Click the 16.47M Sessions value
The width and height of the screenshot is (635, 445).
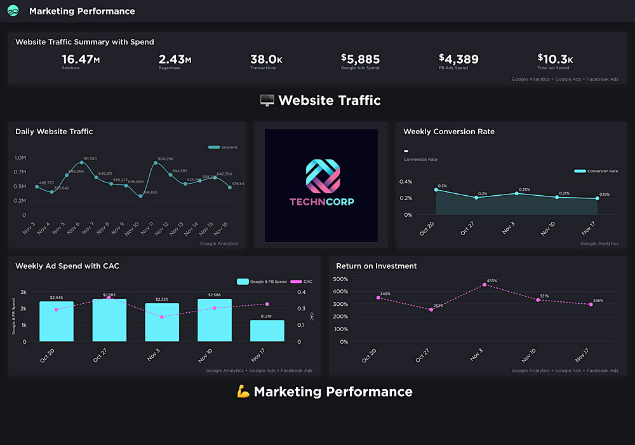tap(81, 60)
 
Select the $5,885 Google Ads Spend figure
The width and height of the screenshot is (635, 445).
tap(360, 60)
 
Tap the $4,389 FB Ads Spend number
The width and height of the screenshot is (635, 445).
tap(458, 60)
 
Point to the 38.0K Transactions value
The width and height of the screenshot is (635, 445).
tap(266, 60)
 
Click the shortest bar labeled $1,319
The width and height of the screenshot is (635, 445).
tap(267, 331)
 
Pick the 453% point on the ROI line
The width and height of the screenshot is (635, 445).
tap(485, 285)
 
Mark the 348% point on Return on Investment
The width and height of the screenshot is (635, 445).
tap(378, 298)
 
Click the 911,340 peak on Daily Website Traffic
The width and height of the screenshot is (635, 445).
tap(82, 163)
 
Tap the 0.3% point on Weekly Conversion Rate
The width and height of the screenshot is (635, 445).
tap(436, 189)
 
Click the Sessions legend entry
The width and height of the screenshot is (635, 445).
tap(223, 147)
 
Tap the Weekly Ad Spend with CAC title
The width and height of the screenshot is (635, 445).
tap(67, 266)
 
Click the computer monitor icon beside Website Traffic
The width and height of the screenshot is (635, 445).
tap(267, 100)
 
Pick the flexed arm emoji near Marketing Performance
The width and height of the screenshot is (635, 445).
tap(243, 392)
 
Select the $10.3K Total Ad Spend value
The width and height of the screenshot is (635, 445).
tap(555, 60)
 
